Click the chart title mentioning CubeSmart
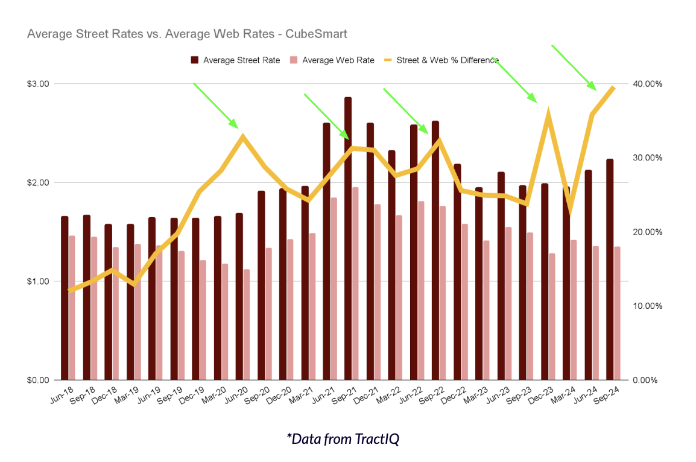point(187,34)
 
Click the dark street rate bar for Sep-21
point(348,241)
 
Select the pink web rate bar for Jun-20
point(246,326)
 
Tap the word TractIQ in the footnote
point(379,439)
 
